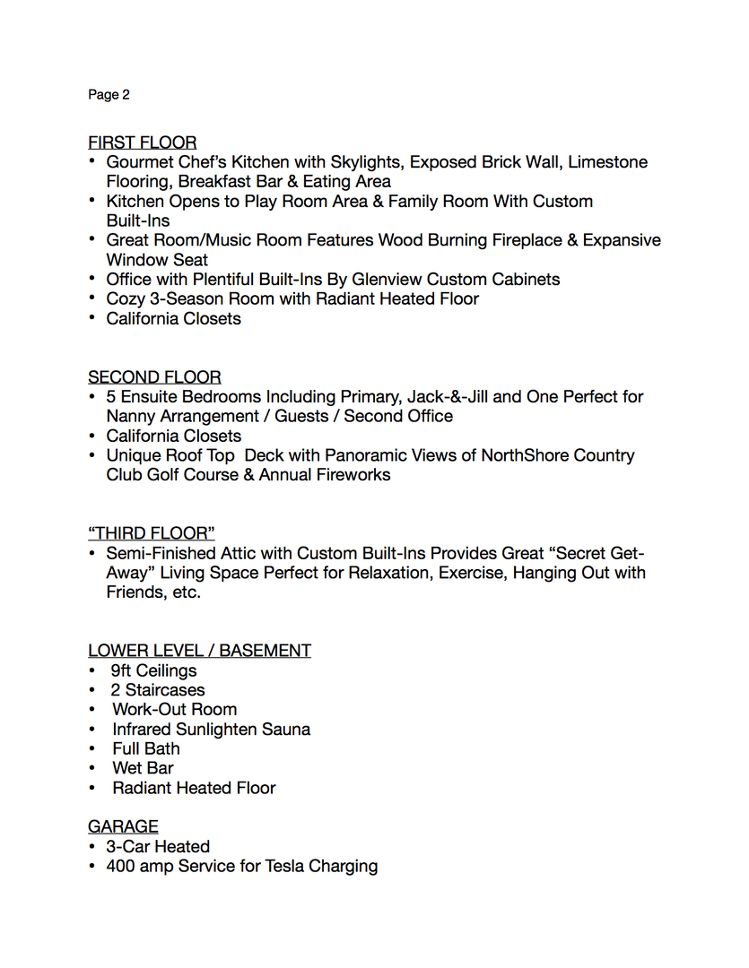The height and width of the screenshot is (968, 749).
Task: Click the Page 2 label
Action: (x=109, y=94)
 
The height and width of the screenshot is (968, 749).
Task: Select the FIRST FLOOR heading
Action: (x=142, y=143)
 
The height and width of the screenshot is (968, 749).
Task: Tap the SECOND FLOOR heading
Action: (x=154, y=377)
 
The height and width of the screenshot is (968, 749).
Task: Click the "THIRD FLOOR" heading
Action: (x=151, y=533)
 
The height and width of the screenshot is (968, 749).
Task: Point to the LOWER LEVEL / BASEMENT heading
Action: (x=199, y=651)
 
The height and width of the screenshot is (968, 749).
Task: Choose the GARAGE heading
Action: (x=123, y=826)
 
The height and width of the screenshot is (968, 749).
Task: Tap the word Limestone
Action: (x=607, y=162)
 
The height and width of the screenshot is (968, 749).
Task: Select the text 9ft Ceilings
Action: (x=153, y=670)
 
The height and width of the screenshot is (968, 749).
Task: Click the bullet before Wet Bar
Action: (x=92, y=769)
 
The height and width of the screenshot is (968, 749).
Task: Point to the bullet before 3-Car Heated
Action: (x=92, y=847)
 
